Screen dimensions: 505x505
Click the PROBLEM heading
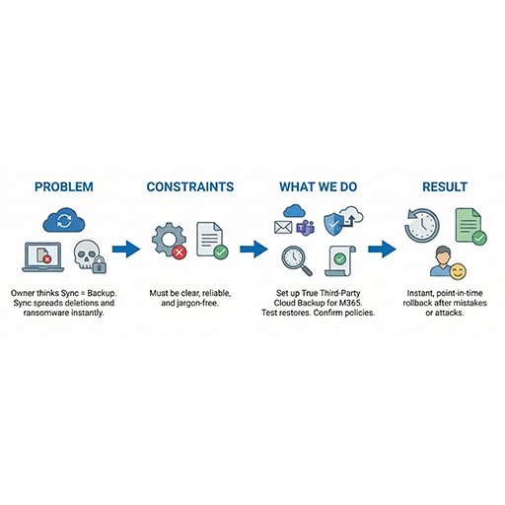pyautogui.click(x=64, y=186)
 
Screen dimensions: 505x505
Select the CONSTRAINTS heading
pyautogui.click(x=190, y=186)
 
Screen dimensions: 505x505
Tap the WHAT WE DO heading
pyautogui.click(x=319, y=186)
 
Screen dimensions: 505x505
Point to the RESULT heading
pyautogui.click(x=445, y=186)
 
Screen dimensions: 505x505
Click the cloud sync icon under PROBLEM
pyautogui.click(x=64, y=220)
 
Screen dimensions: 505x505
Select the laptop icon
pyautogui.click(x=43, y=257)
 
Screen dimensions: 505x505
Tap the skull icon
pyautogui.click(x=86, y=254)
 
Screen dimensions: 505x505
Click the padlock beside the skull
pyautogui.click(x=99, y=264)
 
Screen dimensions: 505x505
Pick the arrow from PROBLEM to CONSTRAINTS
pyautogui.click(x=126, y=249)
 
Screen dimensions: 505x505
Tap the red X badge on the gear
pyautogui.click(x=180, y=252)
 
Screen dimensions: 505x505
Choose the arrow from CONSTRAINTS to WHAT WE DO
pyautogui.click(x=253, y=249)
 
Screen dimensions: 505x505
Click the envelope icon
pyautogui.click(x=283, y=227)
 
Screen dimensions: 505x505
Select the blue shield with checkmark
pyautogui.click(x=333, y=224)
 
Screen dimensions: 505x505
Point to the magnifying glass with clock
pyautogui.click(x=297, y=261)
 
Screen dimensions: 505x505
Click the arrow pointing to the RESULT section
pyautogui.click(x=382, y=249)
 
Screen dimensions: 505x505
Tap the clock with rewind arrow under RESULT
pyautogui.click(x=422, y=226)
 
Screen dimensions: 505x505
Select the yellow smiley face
pyautogui.click(x=458, y=271)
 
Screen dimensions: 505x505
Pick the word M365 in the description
pyautogui.click(x=350, y=303)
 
